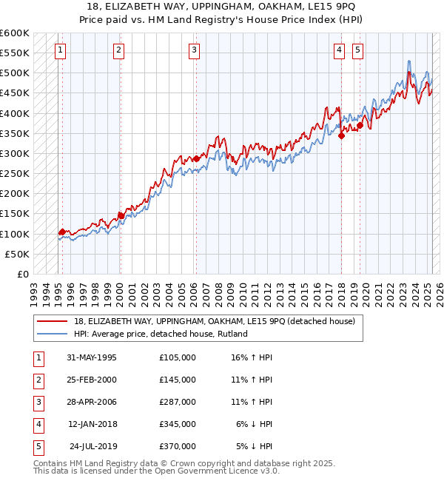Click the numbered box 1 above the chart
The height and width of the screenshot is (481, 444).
click(x=59, y=50)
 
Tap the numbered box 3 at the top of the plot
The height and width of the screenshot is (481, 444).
click(x=194, y=50)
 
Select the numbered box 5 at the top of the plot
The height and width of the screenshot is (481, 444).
click(x=357, y=50)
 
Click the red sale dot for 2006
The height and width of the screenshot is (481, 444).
click(x=196, y=158)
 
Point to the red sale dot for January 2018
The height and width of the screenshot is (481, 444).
click(x=341, y=135)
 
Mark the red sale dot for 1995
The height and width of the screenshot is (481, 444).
click(x=62, y=232)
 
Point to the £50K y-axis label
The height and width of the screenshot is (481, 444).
click(x=18, y=254)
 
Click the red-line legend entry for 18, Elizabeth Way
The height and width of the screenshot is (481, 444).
click(x=215, y=321)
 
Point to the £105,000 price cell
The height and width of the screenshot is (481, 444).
click(x=177, y=357)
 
